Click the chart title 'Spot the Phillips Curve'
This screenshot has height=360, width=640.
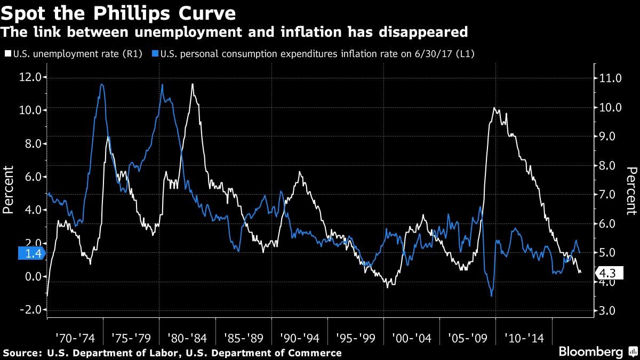pyautogui.click(x=118, y=13)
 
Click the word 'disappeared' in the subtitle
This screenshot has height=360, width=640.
pyautogui.click(x=423, y=31)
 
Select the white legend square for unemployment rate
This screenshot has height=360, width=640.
pyautogui.click(x=8, y=53)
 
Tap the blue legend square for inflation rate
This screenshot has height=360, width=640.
pyautogui.click(x=155, y=53)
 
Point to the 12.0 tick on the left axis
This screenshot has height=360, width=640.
pyautogui.click(x=33, y=77)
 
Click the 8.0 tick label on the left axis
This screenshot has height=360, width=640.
pyautogui.click(x=34, y=143)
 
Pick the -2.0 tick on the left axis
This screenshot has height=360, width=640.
pyautogui.click(x=33, y=310)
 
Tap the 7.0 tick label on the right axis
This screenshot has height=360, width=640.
pyautogui.click(x=606, y=195)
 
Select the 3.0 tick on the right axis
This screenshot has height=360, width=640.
pyautogui.click(x=606, y=311)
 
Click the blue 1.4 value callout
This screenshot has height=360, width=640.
pyautogui.click(x=31, y=253)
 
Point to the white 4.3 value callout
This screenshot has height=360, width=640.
pyautogui.click(x=609, y=273)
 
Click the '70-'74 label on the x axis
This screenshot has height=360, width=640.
pyautogui.click(x=75, y=338)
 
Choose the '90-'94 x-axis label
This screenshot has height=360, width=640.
pyautogui.click(x=299, y=338)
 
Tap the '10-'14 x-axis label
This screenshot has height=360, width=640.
pyautogui.click(x=524, y=338)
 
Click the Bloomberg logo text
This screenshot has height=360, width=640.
pyautogui.click(x=591, y=351)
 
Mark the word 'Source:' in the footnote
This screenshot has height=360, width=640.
pyautogui.click(x=22, y=353)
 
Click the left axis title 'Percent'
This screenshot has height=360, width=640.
pyautogui.click(x=8, y=190)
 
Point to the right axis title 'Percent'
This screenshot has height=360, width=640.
pyautogui.click(x=631, y=191)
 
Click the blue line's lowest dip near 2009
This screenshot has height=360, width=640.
pyautogui.click(x=491, y=296)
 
